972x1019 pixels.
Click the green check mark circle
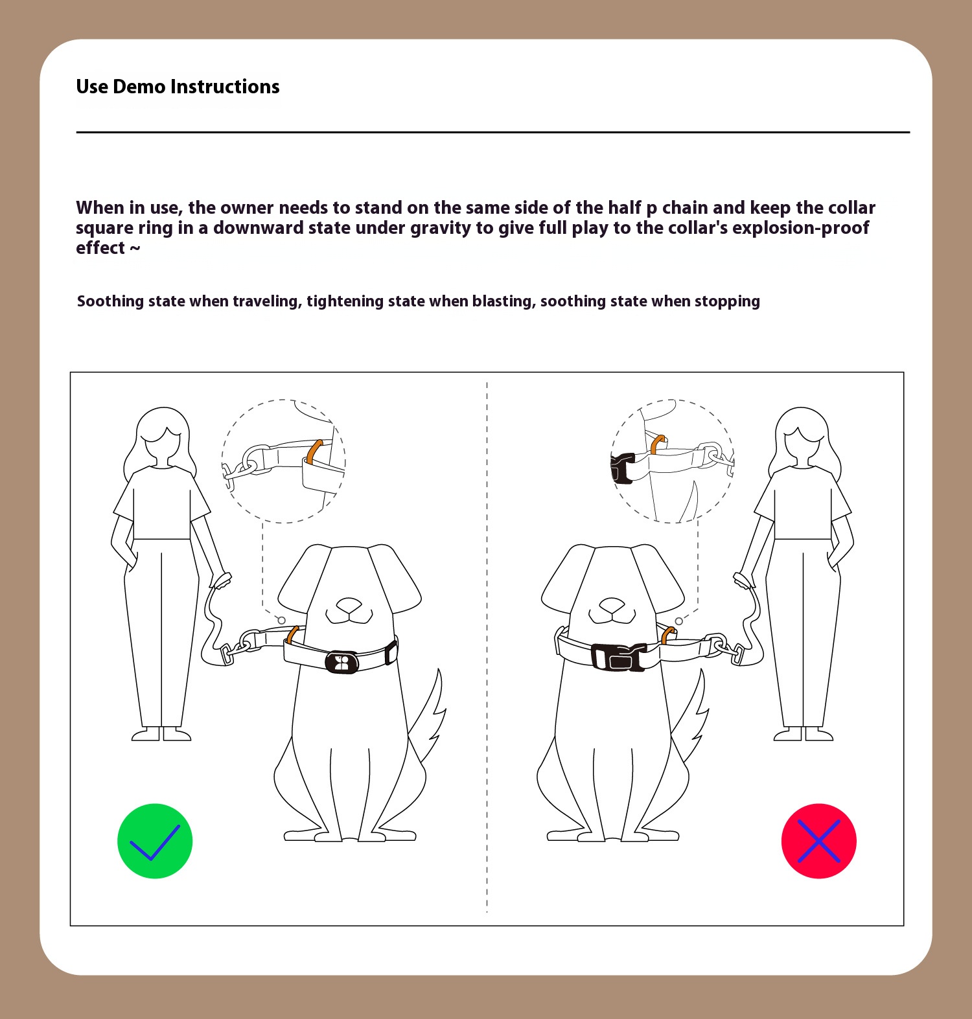pyautogui.click(x=155, y=841)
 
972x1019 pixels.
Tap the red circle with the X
pyautogui.click(x=819, y=841)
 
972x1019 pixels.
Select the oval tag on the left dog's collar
pyautogui.click(x=342, y=662)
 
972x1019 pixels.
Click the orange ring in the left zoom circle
pyautogui.click(x=314, y=452)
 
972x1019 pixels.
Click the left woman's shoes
pyautogui.click(x=161, y=734)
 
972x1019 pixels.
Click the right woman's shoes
pyautogui.click(x=804, y=734)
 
